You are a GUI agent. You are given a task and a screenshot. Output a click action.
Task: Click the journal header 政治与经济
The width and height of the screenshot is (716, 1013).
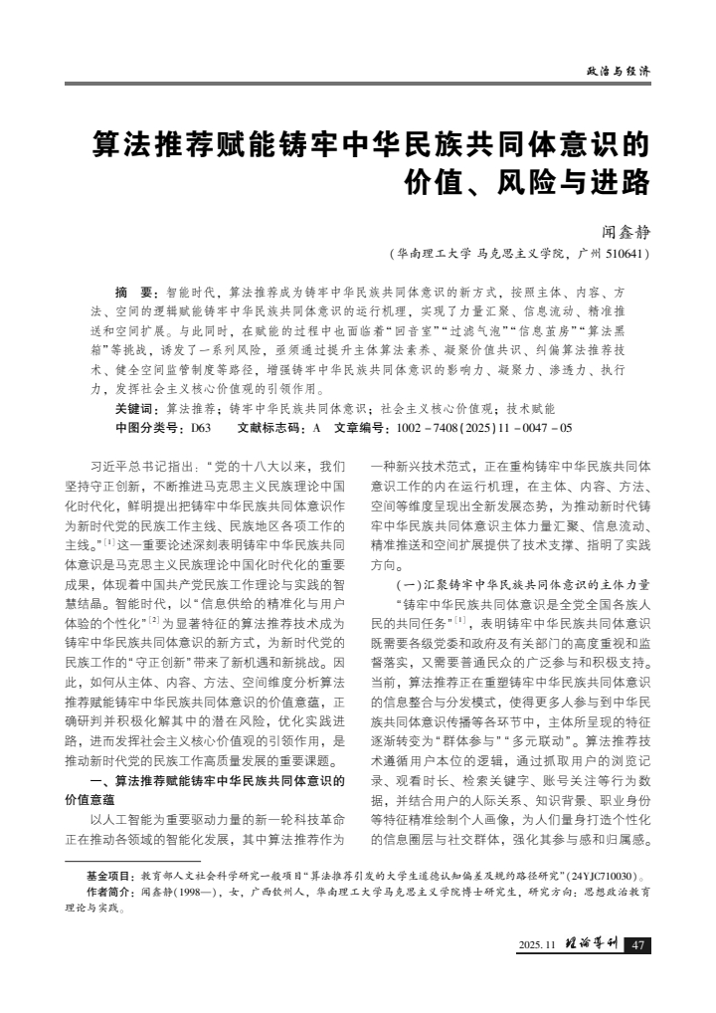[x=618, y=71]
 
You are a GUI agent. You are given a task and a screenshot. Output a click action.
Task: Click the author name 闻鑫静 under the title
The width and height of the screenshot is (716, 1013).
[x=626, y=232]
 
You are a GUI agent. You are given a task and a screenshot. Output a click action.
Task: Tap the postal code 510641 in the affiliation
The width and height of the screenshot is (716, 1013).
[x=625, y=254]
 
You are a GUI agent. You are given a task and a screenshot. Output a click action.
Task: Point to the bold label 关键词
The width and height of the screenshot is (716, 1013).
[x=136, y=408]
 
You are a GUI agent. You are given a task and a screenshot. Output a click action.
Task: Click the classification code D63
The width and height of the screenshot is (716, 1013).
[x=201, y=427]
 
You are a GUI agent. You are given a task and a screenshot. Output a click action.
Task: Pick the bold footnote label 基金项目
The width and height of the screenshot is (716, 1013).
[x=109, y=876]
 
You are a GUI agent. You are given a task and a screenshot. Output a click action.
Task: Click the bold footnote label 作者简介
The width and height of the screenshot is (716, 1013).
[x=109, y=893]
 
